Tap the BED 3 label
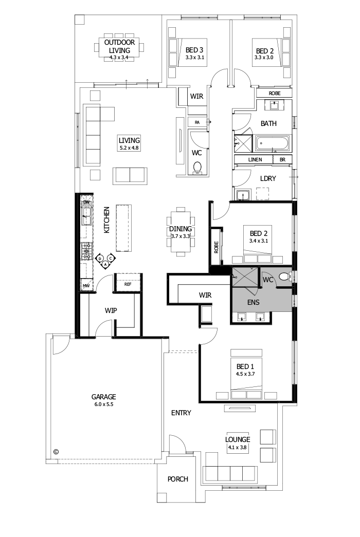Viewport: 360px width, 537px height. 195,51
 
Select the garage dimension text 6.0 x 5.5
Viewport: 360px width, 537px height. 103,404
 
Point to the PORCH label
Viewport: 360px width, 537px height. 178,479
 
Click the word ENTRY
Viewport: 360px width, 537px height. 181,413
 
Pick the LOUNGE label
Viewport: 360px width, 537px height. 238,439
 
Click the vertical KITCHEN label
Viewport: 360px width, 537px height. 107,220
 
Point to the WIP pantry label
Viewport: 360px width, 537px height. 112,311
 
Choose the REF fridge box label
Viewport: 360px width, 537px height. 128,284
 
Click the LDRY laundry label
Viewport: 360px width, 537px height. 268,179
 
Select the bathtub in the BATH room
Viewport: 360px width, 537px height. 274,142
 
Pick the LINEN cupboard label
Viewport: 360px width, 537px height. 255,160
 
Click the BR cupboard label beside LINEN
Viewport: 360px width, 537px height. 282,160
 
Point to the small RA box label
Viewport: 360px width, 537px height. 196,122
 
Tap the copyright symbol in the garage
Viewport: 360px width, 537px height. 56,452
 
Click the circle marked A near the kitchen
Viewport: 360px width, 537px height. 105,264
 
